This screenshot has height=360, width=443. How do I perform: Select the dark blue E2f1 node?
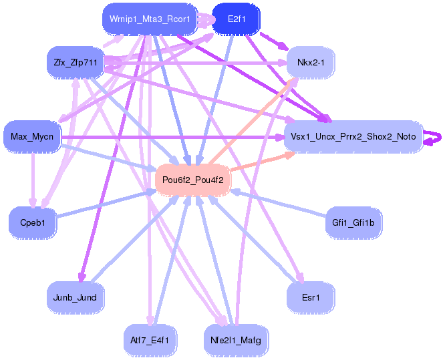pos(237,19)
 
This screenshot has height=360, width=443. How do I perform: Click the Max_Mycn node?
pos(32,137)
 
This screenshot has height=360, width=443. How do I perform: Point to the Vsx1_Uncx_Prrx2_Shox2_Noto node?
pos(353,137)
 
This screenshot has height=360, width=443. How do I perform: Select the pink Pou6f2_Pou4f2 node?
pos(193,180)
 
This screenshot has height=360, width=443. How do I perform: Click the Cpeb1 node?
pos(32,222)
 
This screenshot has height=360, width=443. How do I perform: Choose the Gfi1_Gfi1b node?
pos(353,222)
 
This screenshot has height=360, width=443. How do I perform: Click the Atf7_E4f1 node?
pos(150,340)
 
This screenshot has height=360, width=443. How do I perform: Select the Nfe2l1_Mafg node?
pos(235,340)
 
